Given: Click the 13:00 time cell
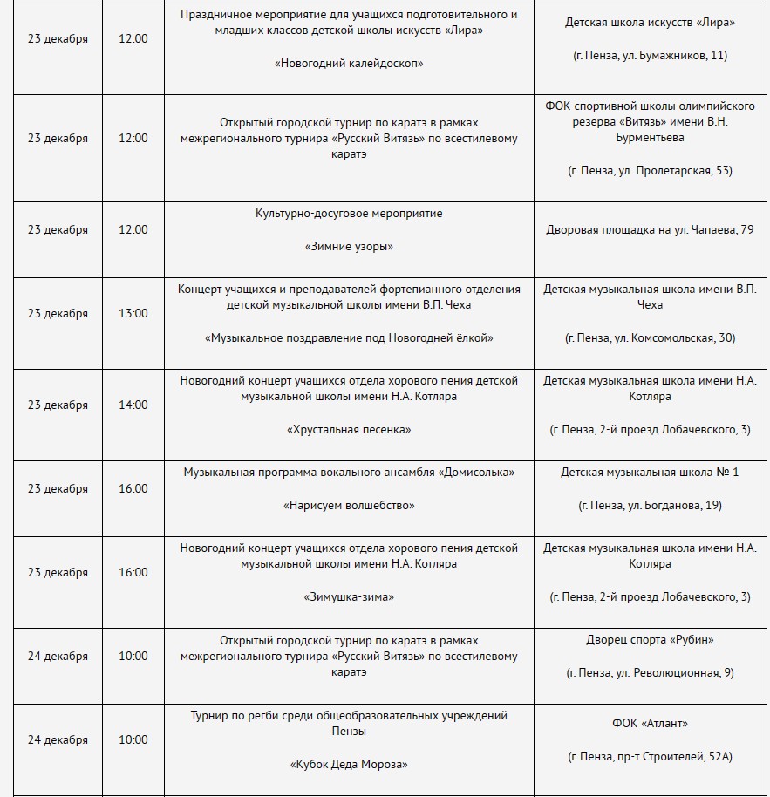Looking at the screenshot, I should click(x=133, y=313).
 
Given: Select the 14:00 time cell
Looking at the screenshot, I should click(x=133, y=405).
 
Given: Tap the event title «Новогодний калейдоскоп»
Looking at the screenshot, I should click(x=349, y=63).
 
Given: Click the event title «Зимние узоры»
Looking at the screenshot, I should click(x=349, y=246).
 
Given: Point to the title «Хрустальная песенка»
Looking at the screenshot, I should click(x=349, y=429).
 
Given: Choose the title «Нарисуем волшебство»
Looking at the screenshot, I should click(x=349, y=505).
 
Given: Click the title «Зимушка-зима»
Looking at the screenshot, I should click(x=349, y=596).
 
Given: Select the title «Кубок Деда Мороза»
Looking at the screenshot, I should click(x=349, y=764).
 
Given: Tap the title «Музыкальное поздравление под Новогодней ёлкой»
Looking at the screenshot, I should click(x=349, y=337).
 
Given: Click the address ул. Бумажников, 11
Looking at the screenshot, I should click(x=650, y=55).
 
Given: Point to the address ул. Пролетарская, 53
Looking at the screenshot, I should click(x=650, y=170).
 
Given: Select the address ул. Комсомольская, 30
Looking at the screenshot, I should click(x=650, y=337).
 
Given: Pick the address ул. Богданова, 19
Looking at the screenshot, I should click(x=650, y=505).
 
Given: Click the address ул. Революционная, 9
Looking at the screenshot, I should click(x=650, y=672).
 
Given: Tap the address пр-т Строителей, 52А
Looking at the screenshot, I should click(x=650, y=756).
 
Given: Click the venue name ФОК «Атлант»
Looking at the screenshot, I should click(x=650, y=723).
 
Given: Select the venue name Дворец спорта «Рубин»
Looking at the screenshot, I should click(x=650, y=639).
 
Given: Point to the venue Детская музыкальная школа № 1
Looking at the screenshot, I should click(x=650, y=472).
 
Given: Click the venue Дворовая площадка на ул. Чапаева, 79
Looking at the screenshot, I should click(x=650, y=230).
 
